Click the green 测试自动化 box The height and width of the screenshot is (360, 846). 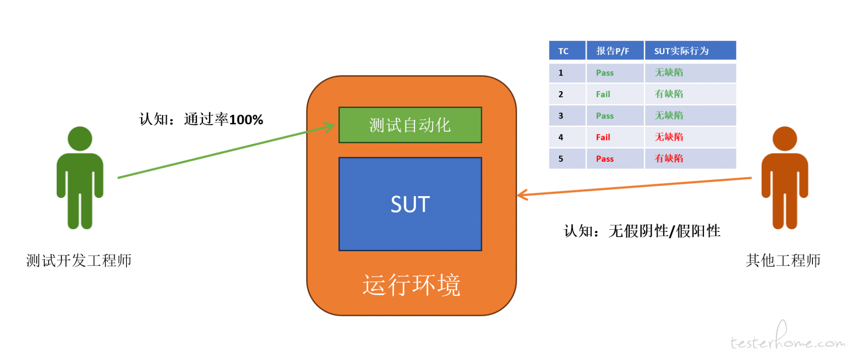click(410, 125)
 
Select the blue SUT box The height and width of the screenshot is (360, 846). click(410, 204)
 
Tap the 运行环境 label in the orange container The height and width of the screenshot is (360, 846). click(412, 285)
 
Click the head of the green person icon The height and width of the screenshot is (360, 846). click(80, 139)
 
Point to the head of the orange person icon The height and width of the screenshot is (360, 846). click(785, 139)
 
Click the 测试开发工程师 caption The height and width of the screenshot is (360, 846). click(79, 260)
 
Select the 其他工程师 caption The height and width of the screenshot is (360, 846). click(783, 260)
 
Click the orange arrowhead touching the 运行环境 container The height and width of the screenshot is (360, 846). click(522, 194)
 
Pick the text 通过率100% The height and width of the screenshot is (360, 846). click(223, 119)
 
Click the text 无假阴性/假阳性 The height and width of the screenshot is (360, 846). click(664, 231)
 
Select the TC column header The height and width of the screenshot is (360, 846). click(568, 51)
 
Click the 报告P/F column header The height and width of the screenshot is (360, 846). click(615, 51)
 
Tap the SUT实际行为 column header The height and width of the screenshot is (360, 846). click(690, 51)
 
